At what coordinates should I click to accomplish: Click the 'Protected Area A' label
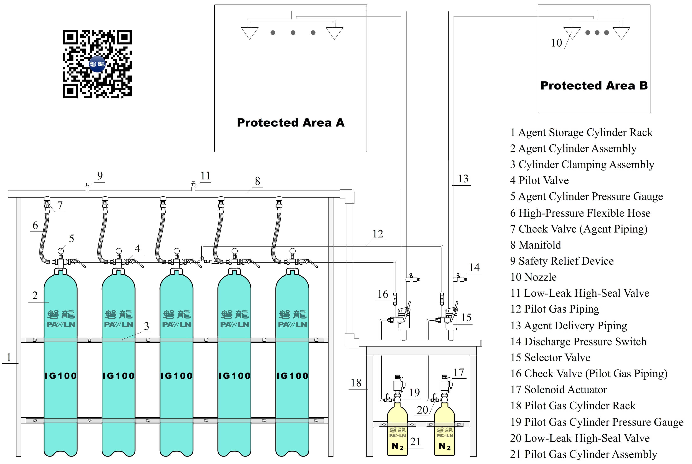click(290, 122)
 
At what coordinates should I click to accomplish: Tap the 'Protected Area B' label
click(594, 86)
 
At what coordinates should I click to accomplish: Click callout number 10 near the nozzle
click(556, 43)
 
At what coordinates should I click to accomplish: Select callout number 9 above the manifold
click(100, 176)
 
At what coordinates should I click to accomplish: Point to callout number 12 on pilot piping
click(377, 234)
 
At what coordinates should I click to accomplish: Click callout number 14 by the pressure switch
click(474, 267)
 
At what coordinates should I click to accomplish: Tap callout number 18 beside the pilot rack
click(356, 383)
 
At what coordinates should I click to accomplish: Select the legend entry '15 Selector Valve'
click(550, 357)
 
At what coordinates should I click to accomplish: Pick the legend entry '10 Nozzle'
click(533, 277)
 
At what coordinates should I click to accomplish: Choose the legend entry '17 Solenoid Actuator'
click(558, 390)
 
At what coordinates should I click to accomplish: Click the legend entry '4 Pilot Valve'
click(539, 180)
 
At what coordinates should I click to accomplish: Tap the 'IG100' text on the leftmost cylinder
click(61, 376)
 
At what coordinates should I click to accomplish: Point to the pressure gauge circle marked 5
click(61, 251)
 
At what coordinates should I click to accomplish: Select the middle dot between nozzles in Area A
click(293, 33)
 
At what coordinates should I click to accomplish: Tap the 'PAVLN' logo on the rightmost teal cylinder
click(292, 325)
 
